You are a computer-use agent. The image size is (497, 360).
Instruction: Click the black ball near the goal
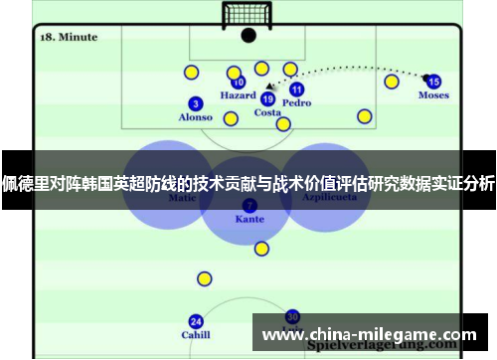[248, 35]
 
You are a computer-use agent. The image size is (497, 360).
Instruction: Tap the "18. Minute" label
[69, 37]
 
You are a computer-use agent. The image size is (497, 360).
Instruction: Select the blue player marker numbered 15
[433, 81]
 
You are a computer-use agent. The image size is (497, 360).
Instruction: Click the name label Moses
[433, 95]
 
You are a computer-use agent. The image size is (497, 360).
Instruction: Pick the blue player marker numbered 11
[296, 90]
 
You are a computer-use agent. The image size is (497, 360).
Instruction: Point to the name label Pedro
[296, 102]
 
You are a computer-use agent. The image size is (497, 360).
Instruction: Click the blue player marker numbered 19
[267, 98]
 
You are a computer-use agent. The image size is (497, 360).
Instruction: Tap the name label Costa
[267, 112]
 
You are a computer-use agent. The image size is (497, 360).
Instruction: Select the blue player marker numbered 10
[239, 83]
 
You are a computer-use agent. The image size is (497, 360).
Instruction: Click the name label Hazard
[238, 96]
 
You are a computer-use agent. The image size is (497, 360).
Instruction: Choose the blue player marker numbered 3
[196, 103]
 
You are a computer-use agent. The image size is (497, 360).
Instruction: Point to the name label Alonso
[195, 117]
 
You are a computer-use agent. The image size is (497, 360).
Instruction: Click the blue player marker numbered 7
[249, 205]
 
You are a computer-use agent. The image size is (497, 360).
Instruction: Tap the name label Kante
[249, 219]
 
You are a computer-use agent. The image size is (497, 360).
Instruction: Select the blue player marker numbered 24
[196, 321]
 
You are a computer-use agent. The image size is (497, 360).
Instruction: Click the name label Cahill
[195, 335]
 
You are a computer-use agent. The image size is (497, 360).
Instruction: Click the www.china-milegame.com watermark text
[369, 333]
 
